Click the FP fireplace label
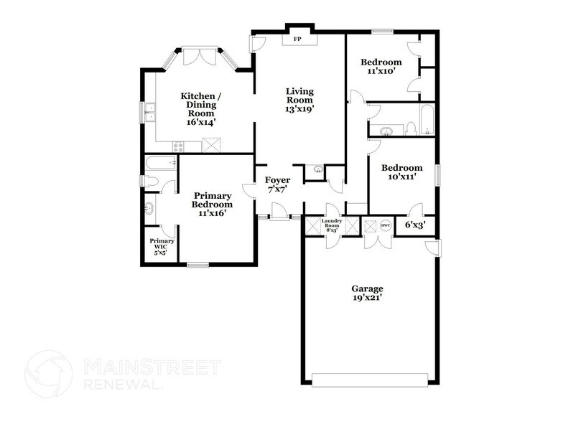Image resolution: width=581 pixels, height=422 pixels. point(297,39)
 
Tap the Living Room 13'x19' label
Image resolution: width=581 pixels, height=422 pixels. point(300,100)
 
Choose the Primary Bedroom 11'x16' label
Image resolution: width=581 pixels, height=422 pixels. point(213,203)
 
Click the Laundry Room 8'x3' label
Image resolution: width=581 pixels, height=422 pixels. point(331,226)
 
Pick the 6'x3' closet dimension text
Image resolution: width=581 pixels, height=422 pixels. point(415,225)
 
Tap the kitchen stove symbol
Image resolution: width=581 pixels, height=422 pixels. point(178,146)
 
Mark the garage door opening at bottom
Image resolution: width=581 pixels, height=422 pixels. point(372,378)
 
